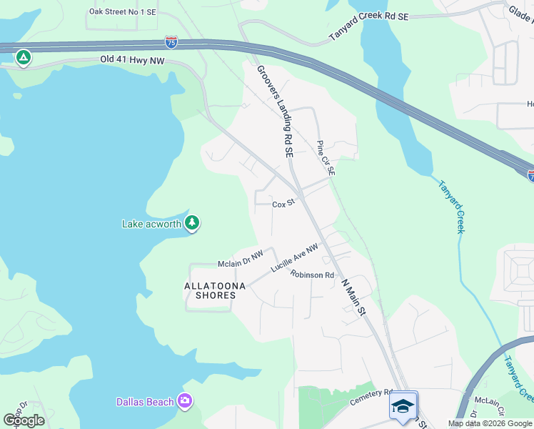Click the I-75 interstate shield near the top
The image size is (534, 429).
(171, 43)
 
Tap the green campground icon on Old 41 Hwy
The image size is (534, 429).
(24, 57)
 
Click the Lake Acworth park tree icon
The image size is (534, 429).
(191, 223)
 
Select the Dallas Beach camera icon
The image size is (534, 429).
(185, 401)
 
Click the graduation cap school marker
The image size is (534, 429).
(403, 405)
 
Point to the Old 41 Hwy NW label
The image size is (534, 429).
(132, 61)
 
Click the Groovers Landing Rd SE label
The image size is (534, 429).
(275, 111)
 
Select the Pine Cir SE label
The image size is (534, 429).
(326, 158)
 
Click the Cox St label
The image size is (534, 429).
(283, 204)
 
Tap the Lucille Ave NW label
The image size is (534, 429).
(293, 258)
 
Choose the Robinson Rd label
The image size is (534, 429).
(312, 275)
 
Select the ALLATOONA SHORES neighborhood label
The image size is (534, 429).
(215, 290)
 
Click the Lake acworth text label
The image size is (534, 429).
(151, 224)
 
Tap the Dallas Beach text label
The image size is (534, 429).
(145, 402)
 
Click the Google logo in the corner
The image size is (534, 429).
(24, 420)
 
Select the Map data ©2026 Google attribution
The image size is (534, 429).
(489, 423)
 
